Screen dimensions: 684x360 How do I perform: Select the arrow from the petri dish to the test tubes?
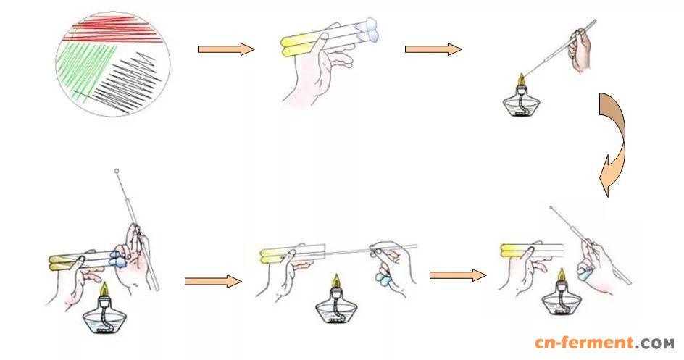tap(226, 49)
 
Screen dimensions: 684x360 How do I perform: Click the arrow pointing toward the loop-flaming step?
tap(433, 49)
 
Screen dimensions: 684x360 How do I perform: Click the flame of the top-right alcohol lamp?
tap(521, 80)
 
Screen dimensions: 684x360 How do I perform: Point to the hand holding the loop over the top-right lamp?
tap(580, 50)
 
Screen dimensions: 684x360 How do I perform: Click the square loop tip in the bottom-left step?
tap(117, 171)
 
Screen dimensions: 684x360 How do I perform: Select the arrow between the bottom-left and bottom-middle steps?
tap(213, 282)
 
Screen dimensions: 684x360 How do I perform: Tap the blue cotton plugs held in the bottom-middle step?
tap(384, 277)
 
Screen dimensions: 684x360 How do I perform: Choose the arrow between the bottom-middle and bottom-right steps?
tap(458, 275)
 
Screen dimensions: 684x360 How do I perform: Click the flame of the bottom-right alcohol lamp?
tap(562, 275)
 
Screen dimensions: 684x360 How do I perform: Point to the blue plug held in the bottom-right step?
tap(585, 273)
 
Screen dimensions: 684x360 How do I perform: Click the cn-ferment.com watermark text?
tap(604, 343)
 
